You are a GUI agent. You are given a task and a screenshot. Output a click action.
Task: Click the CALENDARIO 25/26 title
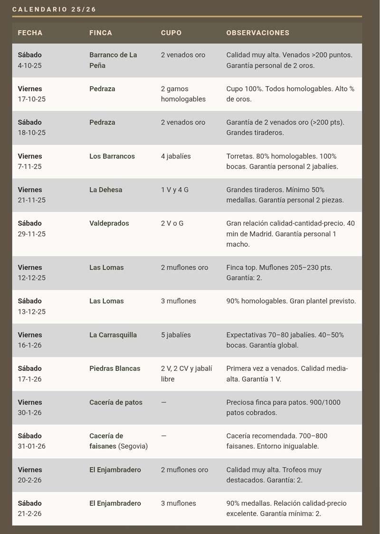point(54,10)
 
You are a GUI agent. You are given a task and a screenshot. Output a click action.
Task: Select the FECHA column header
point(30,33)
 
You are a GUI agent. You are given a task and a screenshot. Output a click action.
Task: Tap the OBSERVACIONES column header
point(257,33)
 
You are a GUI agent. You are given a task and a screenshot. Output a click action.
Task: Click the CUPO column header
point(171,33)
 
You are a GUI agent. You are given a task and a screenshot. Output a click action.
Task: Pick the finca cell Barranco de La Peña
point(113,60)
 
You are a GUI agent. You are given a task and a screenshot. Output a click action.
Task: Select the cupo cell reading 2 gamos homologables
point(183,94)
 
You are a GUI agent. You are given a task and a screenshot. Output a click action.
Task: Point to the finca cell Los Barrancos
point(112,156)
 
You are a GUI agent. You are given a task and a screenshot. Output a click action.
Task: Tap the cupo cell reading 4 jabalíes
point(176,156)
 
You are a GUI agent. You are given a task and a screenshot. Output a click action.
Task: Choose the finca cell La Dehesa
point(106,190)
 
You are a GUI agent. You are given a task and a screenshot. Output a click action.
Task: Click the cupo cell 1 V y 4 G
point(174,190)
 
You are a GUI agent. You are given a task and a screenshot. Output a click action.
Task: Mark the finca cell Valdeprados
point(109,223)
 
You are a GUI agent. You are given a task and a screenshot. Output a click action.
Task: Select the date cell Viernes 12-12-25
point(32,272)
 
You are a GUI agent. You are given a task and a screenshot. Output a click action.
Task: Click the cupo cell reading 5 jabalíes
point(176,335)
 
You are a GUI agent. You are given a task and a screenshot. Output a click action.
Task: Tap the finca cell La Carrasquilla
point(113,335)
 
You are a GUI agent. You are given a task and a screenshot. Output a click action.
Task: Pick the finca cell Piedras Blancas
point(115,369)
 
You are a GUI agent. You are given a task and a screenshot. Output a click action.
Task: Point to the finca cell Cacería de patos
point(116,402)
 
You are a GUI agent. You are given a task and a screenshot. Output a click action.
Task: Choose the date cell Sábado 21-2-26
point(30,508)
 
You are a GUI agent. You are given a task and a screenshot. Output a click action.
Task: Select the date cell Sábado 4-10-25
point(30,60)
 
